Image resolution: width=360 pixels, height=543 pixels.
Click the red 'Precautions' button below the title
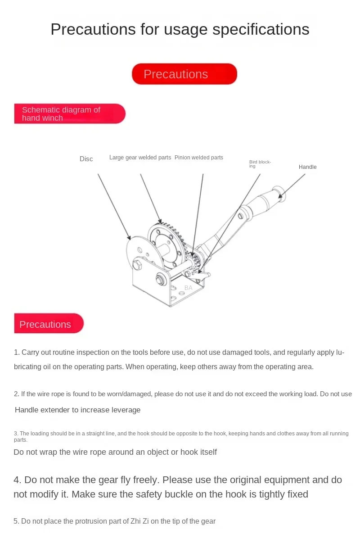click(184, 74)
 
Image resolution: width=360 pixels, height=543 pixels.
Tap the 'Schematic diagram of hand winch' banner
click(70, 114)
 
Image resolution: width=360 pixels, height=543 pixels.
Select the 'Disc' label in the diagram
click(86, 159)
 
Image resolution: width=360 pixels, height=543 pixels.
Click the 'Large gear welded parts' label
click(140, 158)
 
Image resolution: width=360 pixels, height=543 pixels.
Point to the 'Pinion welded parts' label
click(198, 158)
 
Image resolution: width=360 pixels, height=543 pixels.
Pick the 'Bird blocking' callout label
click(260, 164)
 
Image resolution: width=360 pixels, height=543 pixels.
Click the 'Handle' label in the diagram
click(307, 167)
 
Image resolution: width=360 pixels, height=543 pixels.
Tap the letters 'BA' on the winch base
click(188, 288)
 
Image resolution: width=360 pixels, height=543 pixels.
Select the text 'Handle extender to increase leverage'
click(77, 410)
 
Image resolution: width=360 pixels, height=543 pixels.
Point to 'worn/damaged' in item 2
click(123, 394)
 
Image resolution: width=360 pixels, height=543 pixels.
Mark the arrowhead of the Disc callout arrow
click(130, 239)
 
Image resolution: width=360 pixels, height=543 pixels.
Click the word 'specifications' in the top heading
click(261, 29)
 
